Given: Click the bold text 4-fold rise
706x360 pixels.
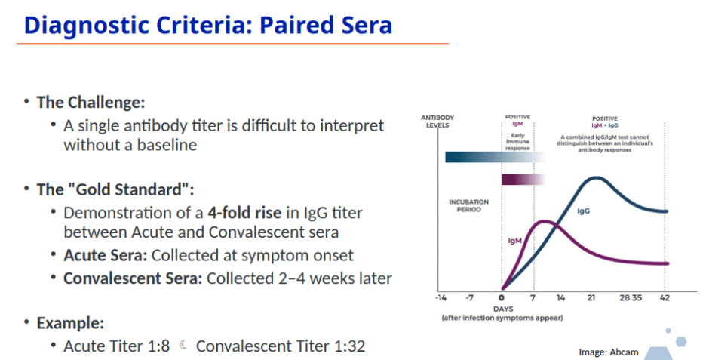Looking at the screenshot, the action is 244,213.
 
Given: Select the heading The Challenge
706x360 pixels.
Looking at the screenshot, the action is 91,103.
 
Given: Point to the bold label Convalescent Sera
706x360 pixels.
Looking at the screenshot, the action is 133,278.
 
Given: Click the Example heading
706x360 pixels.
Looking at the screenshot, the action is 70,323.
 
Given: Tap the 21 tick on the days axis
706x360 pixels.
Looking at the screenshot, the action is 591,298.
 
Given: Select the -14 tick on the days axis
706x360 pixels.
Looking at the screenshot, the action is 440,298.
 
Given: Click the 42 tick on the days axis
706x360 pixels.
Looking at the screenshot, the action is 665,298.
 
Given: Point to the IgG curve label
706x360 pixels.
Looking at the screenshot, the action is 584,211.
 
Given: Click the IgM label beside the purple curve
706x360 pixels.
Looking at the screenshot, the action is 514,241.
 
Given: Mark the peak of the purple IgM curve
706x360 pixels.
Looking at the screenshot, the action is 545,221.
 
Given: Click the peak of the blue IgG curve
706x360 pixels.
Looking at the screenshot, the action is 596,178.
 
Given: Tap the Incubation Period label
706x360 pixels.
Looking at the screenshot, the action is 468,205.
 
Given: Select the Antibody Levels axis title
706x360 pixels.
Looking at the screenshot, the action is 437,122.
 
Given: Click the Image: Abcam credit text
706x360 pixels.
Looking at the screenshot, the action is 608,352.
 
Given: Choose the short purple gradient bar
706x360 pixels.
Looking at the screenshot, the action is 523,180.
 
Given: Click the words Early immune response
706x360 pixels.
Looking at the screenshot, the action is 517,141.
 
